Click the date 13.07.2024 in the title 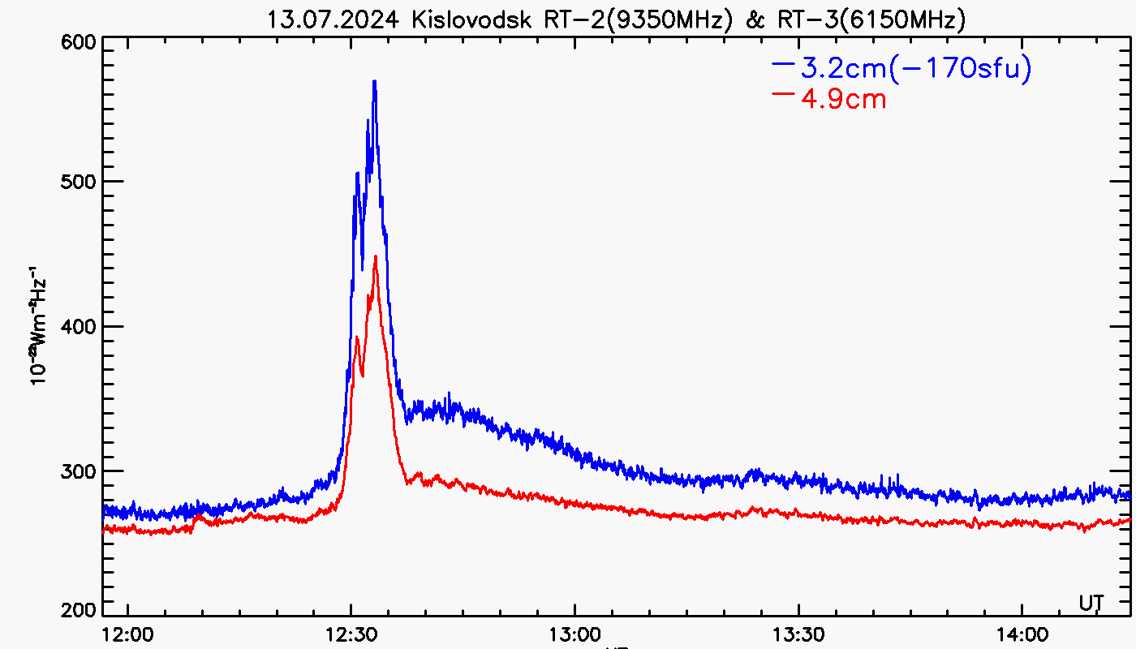point(333,19)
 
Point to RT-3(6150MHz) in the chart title point(871,19)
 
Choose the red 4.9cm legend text point(843,99)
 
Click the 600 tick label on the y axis point(80,43)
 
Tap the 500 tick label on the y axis point(80,182)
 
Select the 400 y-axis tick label point(80,326)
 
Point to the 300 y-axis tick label point(80,471)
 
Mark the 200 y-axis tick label point(80,610)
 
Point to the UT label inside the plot point(1091,603)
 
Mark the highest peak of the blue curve point(374,81)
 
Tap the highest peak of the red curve point(376,257)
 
